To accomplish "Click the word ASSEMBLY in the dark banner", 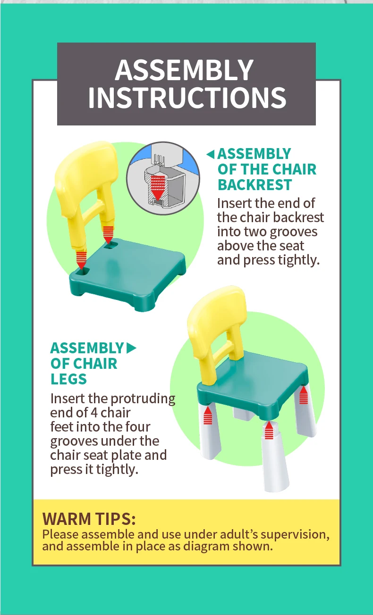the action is click(x=184, y=70).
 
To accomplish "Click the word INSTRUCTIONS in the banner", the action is click(x=187, y=98).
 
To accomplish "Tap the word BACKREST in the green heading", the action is click(x=254, y=185).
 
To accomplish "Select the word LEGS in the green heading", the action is click(x=69, y=379).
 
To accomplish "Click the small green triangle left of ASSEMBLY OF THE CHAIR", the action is click(x=211, y=154).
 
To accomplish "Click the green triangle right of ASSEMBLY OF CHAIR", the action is click(x=131, y=348).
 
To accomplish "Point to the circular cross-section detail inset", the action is click(x=163, y=178).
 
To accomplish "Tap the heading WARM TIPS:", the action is click(x=89, y=519).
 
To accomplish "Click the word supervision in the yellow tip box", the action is click(x=295, y=534).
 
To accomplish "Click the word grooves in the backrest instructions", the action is click(x=293, y=232).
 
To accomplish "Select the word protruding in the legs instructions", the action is click(x=143, y=399).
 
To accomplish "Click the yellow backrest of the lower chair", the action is click(x=216, y=335).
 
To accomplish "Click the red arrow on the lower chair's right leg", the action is click(x=303, y=395).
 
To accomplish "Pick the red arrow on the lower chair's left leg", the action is click(x=208, y=416).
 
